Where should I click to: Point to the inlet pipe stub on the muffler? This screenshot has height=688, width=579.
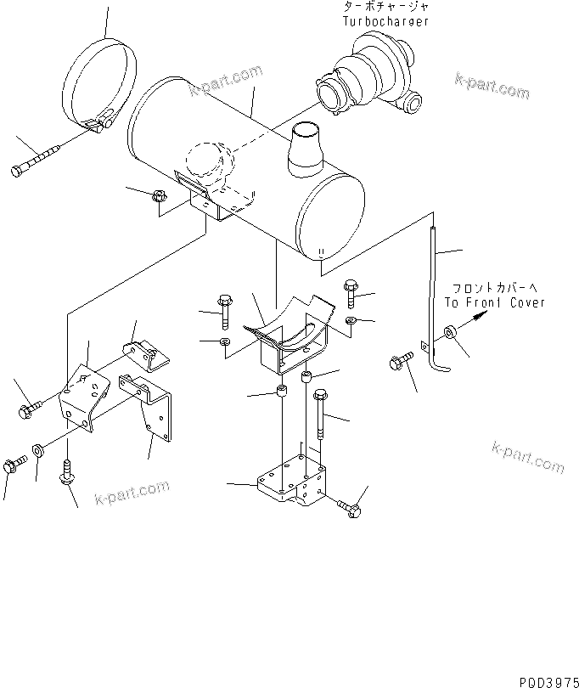point(305,150)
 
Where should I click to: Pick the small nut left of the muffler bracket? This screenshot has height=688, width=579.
point(157,197)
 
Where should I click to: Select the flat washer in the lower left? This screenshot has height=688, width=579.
point(39,449)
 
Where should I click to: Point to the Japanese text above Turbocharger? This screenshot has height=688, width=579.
point(379,7)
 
